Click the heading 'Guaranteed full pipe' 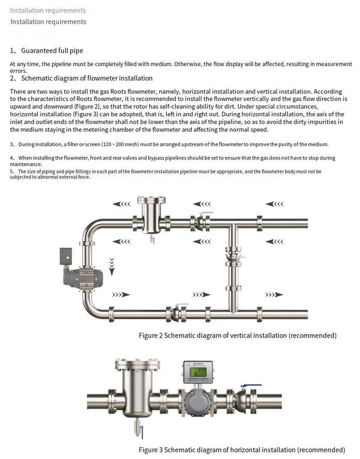point(52,51)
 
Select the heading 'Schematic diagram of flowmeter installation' point(87,78)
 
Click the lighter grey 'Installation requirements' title point(48,10)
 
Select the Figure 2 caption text point(238,336)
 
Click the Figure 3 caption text point(242,450)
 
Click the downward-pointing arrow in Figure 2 point(112,266)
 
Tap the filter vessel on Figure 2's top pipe point(151,216)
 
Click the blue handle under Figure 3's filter point(142,432)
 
